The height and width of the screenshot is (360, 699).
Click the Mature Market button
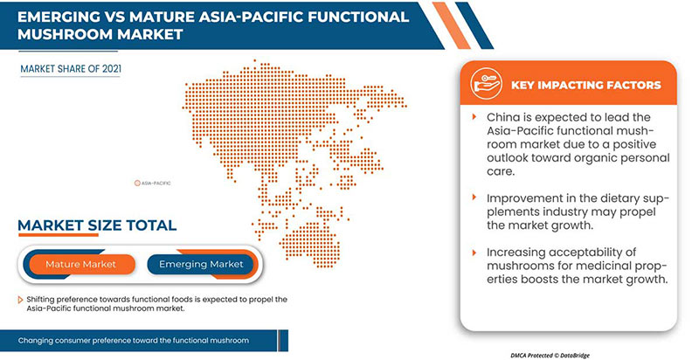(x=80, y=263)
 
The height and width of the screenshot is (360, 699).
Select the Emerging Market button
(x=202, y=263)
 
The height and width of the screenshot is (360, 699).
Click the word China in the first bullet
(x=504, y=117)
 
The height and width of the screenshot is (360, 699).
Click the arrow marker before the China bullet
(x=474, y=117)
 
